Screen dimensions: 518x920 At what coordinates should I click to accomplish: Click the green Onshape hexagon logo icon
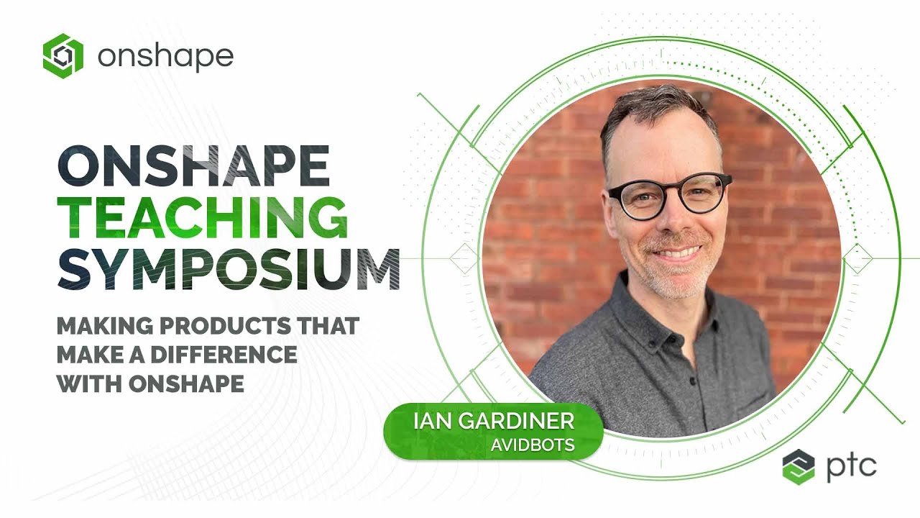click(x=63, y=55)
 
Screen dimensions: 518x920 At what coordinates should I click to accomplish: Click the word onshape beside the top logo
click(x=165, y=56)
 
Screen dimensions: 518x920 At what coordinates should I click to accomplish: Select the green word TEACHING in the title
click(x=203, y=217)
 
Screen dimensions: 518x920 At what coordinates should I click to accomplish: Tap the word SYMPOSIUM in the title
click(x=229, y=268)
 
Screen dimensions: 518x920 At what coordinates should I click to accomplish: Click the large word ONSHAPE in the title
click(x=193, y=167)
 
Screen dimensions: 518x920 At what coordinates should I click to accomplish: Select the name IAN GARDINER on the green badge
click(x=493, y=421)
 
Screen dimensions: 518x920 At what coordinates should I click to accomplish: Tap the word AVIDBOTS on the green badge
click(x=533, y=445)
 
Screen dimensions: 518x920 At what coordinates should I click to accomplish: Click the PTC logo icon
click(x=799, y=466)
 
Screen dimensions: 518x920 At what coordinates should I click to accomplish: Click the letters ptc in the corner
click(x=851, y=465)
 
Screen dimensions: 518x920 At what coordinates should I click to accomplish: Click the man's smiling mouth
click(x=676, y=254)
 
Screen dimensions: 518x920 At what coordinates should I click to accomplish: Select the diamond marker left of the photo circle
click(x=464, y=258)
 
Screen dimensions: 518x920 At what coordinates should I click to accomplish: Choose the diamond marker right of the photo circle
click(x=857, y=258)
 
